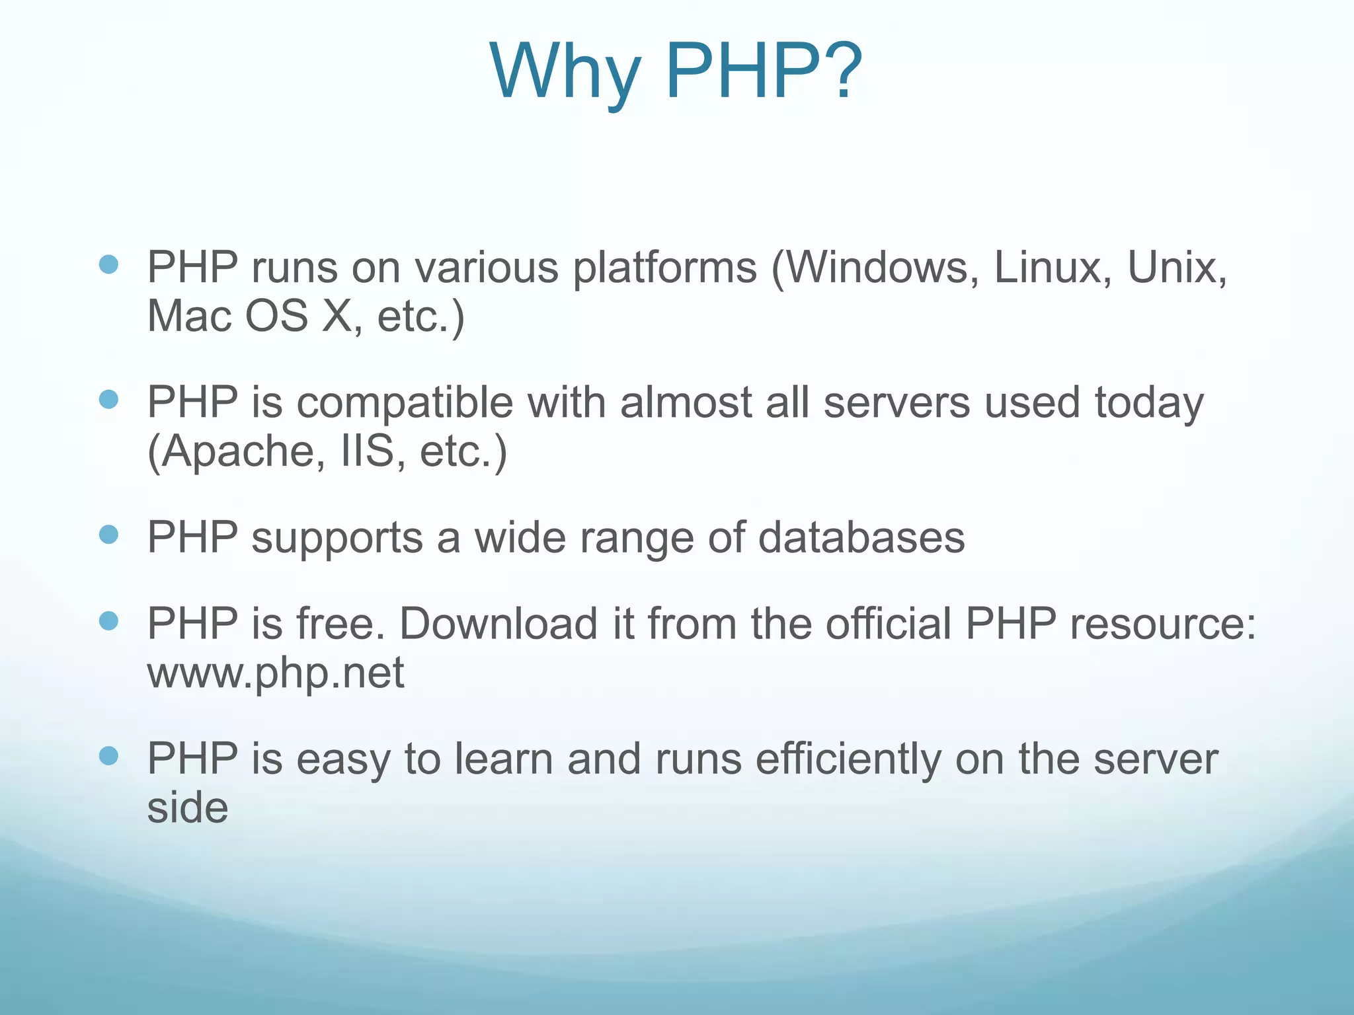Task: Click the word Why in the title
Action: click(565, 71)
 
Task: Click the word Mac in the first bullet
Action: click(188, 316)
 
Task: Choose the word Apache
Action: click(236, 452)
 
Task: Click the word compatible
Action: click(405, 403)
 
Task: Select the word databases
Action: click(861, 537)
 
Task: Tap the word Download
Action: click(499, 624)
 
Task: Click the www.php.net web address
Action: click(275, 673)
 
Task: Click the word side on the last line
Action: click(188, 808)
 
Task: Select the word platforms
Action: click(664, 269)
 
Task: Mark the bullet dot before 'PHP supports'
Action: click(108, 534)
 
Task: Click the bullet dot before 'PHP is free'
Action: click(108, 620)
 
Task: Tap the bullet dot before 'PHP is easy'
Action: click(108, 755)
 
